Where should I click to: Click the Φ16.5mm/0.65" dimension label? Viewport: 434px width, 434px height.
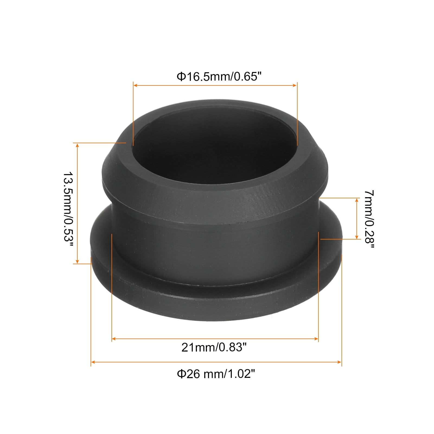(x=220, y=77)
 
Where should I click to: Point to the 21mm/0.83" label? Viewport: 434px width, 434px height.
(x=214, y=347)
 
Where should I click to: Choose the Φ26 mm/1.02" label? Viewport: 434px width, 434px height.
(x=216, y=374)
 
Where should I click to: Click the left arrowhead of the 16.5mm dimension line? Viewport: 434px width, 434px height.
(x=135, y=85)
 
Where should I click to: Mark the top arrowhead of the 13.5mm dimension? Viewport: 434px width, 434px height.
(x=77, y=145)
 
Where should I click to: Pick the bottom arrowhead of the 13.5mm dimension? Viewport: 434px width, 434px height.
(x=77, y=261)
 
